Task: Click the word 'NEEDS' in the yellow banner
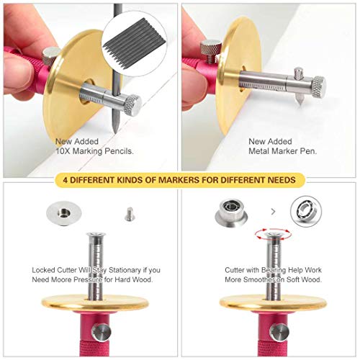point(276,180)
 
